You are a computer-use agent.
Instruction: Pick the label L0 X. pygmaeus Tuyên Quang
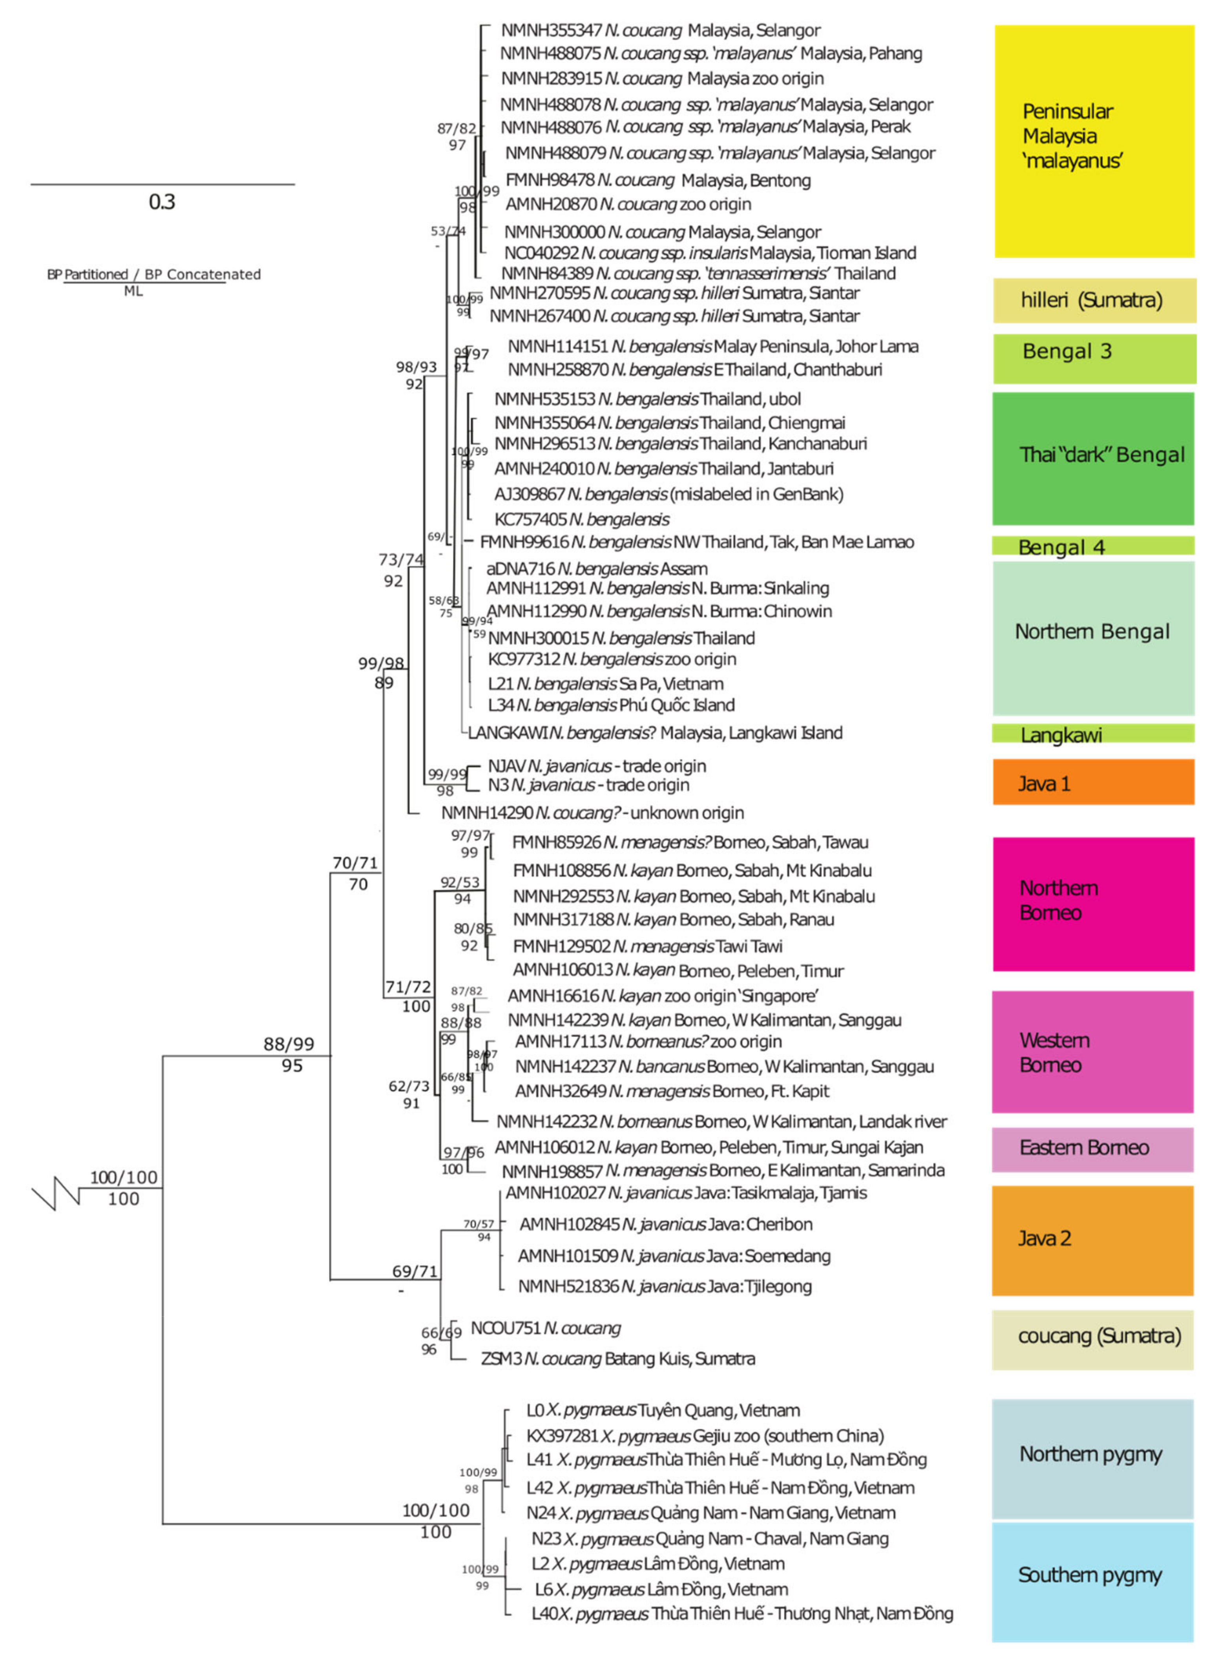[x=663, y=1410]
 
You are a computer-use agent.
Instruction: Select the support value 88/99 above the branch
[x=289, y=1044]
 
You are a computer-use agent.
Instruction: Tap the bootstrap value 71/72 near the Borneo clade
[x=407, y=987]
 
